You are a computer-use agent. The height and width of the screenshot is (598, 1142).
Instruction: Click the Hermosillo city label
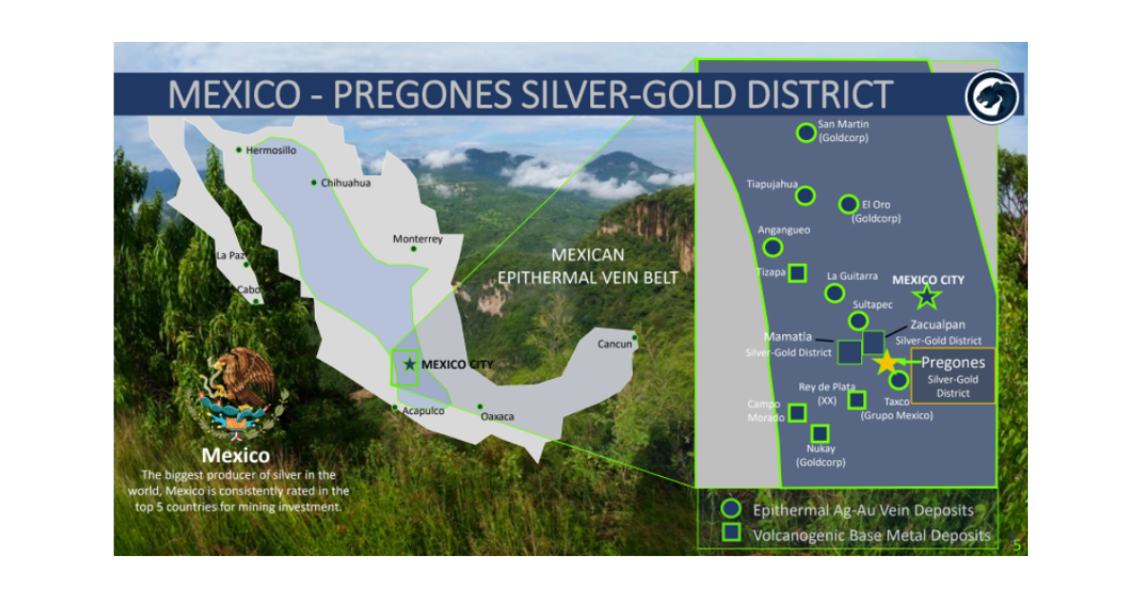pos(271,150)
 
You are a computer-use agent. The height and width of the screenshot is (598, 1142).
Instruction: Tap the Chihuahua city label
pos(345,183)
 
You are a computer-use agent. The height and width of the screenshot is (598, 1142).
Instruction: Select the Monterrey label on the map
pos(418,239)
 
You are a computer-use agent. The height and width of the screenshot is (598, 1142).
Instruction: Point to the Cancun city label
pos(614,344)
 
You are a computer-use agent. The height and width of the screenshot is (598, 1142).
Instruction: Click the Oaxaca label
pos(497,417)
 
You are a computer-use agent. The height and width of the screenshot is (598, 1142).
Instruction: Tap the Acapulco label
pos(423,411)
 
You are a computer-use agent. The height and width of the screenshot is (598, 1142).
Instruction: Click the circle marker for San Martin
pos(806,131)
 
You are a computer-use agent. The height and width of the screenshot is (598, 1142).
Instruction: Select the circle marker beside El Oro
pos(848,204)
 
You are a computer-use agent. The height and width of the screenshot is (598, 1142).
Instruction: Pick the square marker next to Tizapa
pos(797,272)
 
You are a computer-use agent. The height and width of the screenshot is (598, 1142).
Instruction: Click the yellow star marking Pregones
pos(887,363)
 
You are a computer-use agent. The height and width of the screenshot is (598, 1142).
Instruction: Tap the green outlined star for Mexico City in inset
pos(927,297)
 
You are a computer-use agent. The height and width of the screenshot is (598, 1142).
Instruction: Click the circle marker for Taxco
pos(898,380)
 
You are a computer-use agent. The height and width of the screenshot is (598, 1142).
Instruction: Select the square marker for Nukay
pos(819,433)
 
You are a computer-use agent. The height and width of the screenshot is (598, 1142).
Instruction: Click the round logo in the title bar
pos(992,95)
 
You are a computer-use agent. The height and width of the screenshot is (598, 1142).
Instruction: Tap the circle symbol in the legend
pos(731,509)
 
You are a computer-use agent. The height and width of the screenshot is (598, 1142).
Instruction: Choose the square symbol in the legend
pos(731,533)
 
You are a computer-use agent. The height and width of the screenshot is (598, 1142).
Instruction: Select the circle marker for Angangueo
pos(773,247)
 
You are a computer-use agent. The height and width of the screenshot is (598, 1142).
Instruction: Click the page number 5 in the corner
pos(1016,546)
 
